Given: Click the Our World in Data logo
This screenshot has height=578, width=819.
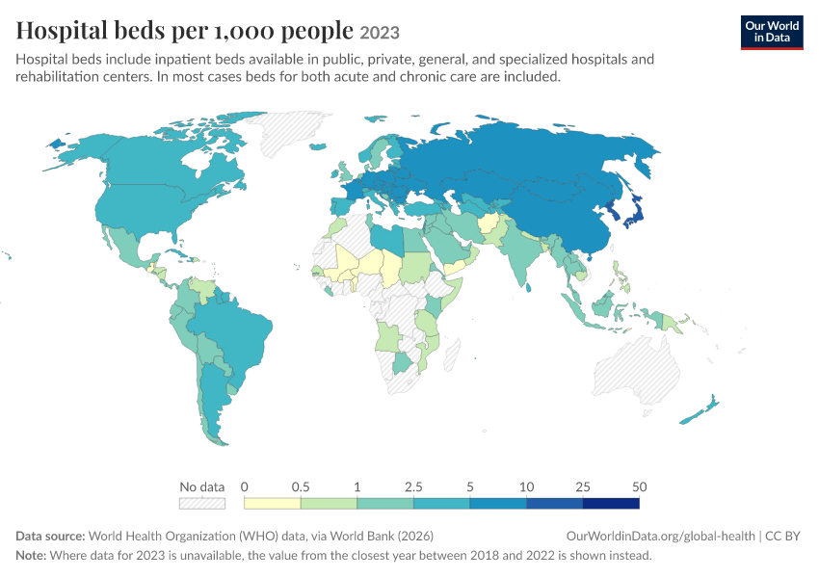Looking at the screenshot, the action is pos(772,33).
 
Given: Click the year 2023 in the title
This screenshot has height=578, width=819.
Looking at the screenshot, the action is pos(380,33).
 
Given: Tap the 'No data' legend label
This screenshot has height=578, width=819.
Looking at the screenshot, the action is pos(201,486).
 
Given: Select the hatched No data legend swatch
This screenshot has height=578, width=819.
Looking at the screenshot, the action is pos(202,503).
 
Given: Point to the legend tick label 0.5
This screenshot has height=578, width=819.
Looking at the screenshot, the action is pos(301,486).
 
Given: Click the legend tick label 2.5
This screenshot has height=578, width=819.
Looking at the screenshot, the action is pos(413,486).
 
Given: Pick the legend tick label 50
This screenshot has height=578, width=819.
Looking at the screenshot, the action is pos(640,486).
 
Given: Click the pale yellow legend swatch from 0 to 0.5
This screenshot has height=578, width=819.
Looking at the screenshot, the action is pos(273,503).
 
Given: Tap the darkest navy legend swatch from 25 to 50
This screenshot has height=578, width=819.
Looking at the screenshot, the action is pos(611,503).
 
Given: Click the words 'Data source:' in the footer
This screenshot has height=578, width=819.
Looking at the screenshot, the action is pos(50,537).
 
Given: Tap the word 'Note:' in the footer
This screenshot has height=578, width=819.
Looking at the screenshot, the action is pos(31,555).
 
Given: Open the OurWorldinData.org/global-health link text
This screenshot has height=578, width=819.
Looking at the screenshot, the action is pos(661,537).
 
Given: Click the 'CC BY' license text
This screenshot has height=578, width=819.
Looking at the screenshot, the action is pos(782,537).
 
